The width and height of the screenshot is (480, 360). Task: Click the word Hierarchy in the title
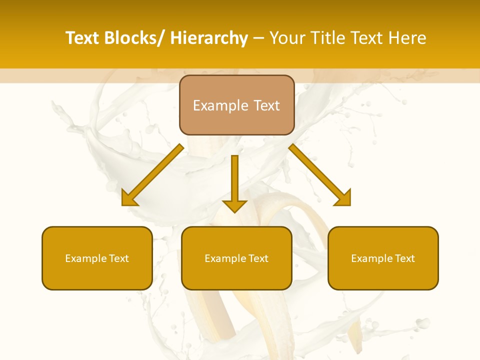click(x=209, y=38)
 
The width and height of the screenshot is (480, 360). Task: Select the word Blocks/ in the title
click(x=135, y=38)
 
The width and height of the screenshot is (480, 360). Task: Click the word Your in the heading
click(x=287, y=38)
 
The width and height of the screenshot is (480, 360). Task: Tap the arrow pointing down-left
click(x=152, y=175)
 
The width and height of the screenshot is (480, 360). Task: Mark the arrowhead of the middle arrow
click(x=234, y=205)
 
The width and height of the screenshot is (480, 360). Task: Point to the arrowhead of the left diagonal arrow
click(x=128, y=198)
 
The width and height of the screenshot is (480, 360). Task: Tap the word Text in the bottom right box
click(x=403, y=258)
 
